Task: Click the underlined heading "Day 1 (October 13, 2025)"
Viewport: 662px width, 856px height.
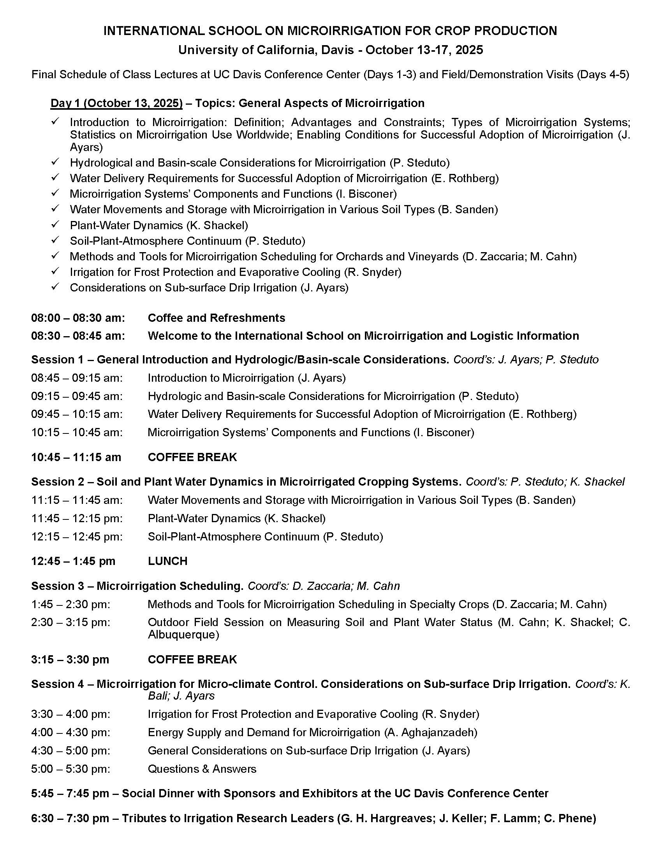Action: [116, 103]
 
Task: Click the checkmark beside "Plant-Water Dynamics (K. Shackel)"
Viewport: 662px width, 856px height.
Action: [55, 225]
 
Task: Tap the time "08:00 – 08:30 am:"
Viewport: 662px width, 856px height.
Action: [78, 317]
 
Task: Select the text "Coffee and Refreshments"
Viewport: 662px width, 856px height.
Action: [216, 317]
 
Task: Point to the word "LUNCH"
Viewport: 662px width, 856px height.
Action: [167, 561]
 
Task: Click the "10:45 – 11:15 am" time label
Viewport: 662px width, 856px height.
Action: [76, 457]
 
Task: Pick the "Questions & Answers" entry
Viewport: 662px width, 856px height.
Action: [202, 768]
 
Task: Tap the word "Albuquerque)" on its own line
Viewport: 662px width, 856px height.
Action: [183, 635]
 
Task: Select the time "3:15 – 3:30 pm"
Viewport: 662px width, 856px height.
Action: [70, 659]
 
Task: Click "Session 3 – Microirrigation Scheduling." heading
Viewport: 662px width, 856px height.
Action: [137, 586]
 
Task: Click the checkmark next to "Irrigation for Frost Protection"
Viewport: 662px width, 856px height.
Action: [55, 271]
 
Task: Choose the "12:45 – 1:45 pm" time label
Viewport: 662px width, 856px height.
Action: [73, 561]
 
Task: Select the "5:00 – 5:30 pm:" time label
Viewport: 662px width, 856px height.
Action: [70, 768]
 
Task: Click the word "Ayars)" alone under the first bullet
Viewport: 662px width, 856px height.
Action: [86, 147]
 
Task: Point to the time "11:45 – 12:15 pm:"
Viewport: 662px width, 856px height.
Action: [77, 518]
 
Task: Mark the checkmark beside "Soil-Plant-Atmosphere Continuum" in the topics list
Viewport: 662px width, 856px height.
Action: [55, 240]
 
